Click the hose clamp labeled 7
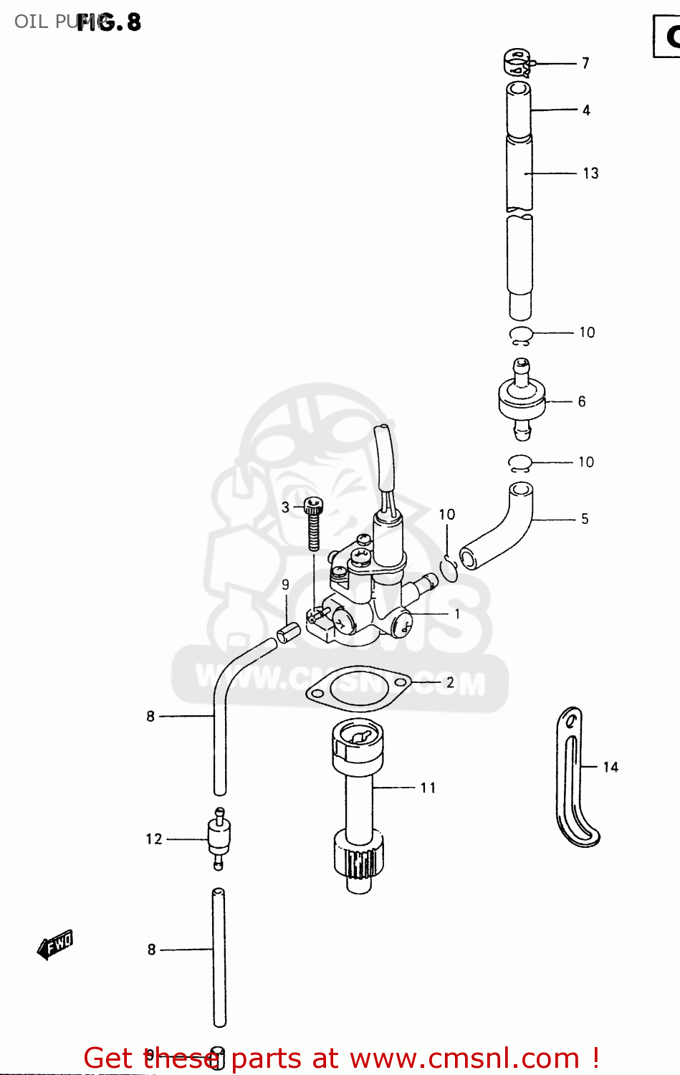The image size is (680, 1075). pyautogui.click(x=517, y=62)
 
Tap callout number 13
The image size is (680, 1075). pyautogui.click(x=590, y=173)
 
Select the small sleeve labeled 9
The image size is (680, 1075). pyautogui.click(x=288, y=633)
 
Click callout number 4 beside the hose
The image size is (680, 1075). pyautogui.click(x=586, y=110)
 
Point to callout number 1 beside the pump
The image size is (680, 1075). pyautogui.click(x=457, y=614)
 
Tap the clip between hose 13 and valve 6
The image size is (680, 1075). pyautogui.click(x=521, y=334)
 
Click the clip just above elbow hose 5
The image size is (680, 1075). pyautogui.click(x=519, y=464)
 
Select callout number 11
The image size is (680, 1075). pyautogui.click(x=428, y=788)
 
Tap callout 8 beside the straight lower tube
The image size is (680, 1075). pyautogui.click(x=151, y=950)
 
